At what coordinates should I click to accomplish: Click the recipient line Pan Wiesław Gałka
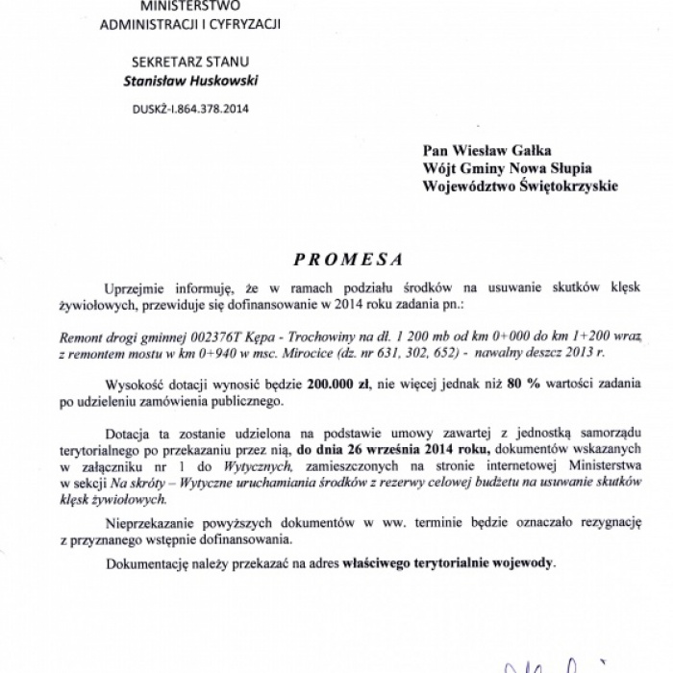click(x=480, y=149)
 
